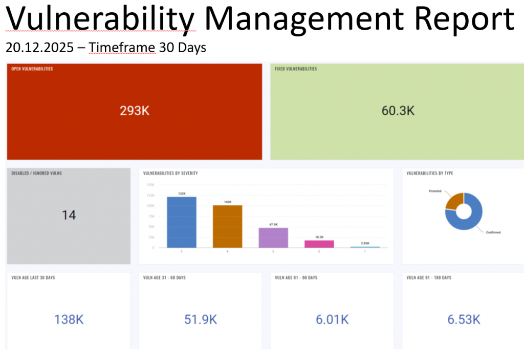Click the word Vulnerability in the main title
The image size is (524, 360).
coord(100,19)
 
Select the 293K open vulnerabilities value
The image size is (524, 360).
coord(134,111)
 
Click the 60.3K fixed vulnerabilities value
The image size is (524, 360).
coord(398,111)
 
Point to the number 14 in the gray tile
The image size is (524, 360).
coord(69,215)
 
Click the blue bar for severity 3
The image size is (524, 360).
coord(181,222)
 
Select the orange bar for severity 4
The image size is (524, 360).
coord(227,226)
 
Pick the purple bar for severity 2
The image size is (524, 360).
coord(273,238)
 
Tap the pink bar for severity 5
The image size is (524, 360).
coord(319,244)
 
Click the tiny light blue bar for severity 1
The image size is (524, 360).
coord(365,247)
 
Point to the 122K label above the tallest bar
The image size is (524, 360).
coord(182,193)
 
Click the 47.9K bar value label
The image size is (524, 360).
coord(273,224)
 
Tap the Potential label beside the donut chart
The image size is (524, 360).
coord(434,190)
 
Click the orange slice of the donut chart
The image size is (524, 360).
coord(453,201)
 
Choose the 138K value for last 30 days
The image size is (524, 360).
coord(69,320)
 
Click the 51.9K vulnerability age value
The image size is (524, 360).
coord(201,320)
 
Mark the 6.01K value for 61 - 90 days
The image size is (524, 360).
coord(332,320)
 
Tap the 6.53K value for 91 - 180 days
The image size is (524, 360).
coord(464,320)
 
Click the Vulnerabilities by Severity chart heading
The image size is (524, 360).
coord(170,174)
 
